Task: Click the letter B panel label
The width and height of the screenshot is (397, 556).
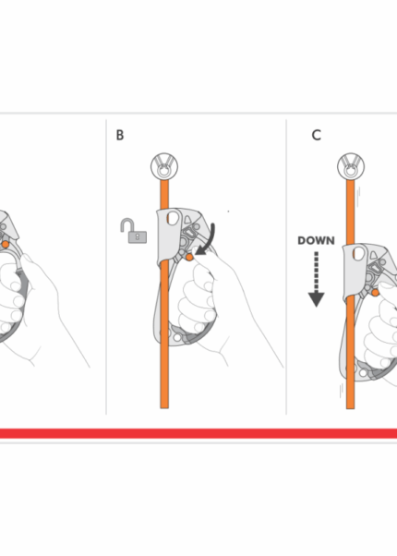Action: coord(120,135)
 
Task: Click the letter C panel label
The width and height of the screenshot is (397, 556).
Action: coord(316,135)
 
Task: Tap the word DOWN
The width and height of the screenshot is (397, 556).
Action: coord(316,241)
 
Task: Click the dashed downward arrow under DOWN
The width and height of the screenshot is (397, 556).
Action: coord(316,279)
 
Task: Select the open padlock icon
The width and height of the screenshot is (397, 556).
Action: coord(134,231)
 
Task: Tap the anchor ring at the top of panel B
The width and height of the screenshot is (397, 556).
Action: coord(164,166)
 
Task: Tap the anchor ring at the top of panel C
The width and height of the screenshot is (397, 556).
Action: coord(351,166)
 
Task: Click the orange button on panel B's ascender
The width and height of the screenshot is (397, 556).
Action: coord(189,257)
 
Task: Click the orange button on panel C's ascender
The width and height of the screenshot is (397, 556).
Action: coord(376,293)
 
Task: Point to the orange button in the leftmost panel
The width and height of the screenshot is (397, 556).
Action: coord(6,245)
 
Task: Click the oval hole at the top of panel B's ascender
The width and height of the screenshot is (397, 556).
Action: coord(173,217)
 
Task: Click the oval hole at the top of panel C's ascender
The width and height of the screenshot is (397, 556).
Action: coord(359,254)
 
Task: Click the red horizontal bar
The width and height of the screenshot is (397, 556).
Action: coord(198,433)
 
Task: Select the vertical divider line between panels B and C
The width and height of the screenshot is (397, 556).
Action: coord(286,267)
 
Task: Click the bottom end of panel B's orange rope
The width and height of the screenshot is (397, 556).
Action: coord(164,408)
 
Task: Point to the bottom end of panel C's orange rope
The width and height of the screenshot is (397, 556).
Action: coord(350,408)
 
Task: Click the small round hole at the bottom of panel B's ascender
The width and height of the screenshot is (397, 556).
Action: coord(177,338)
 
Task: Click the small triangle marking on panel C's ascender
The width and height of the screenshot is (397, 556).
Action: coord(374,255)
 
